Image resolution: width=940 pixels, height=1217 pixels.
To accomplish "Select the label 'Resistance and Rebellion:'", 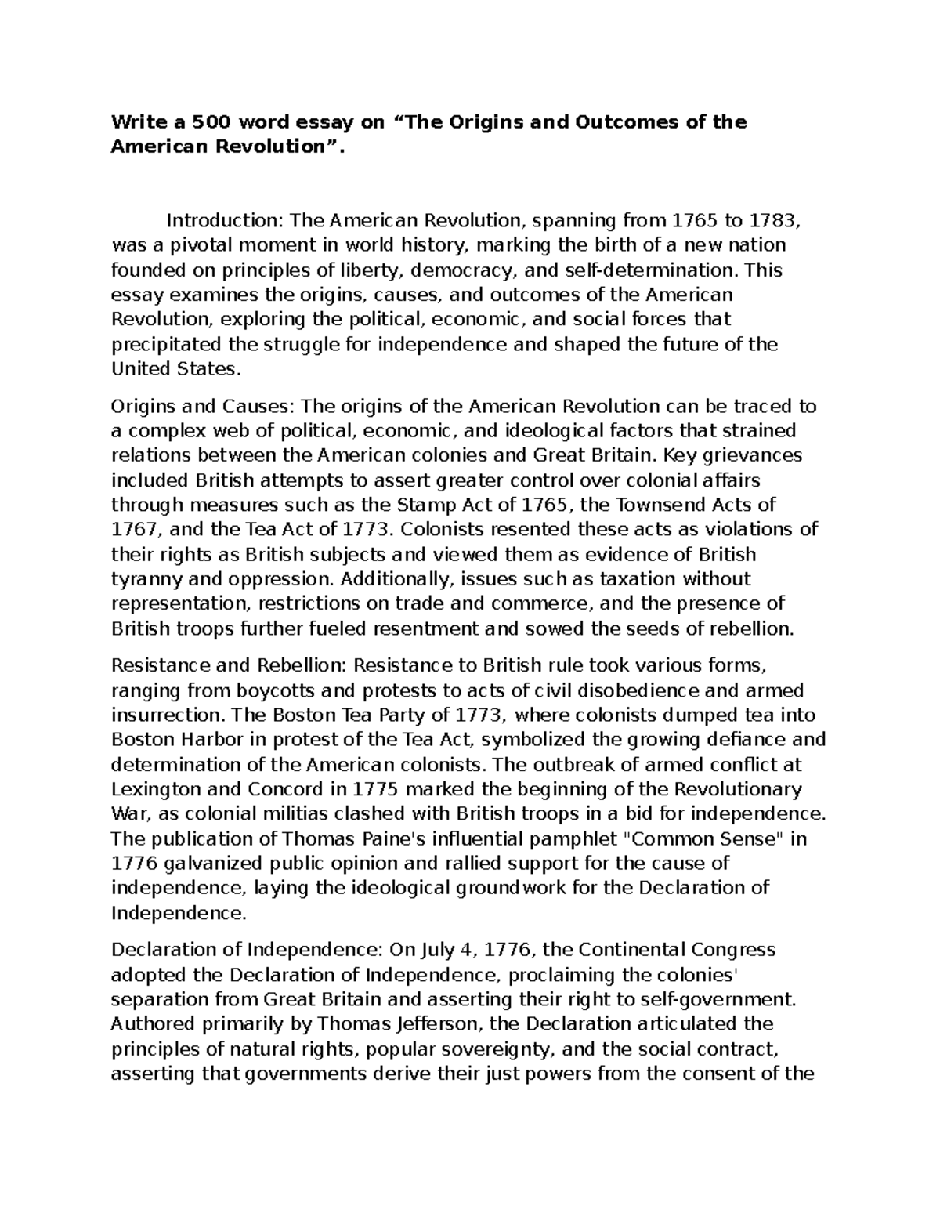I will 229,665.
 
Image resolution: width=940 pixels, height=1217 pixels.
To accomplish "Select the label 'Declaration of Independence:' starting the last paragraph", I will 244,950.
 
